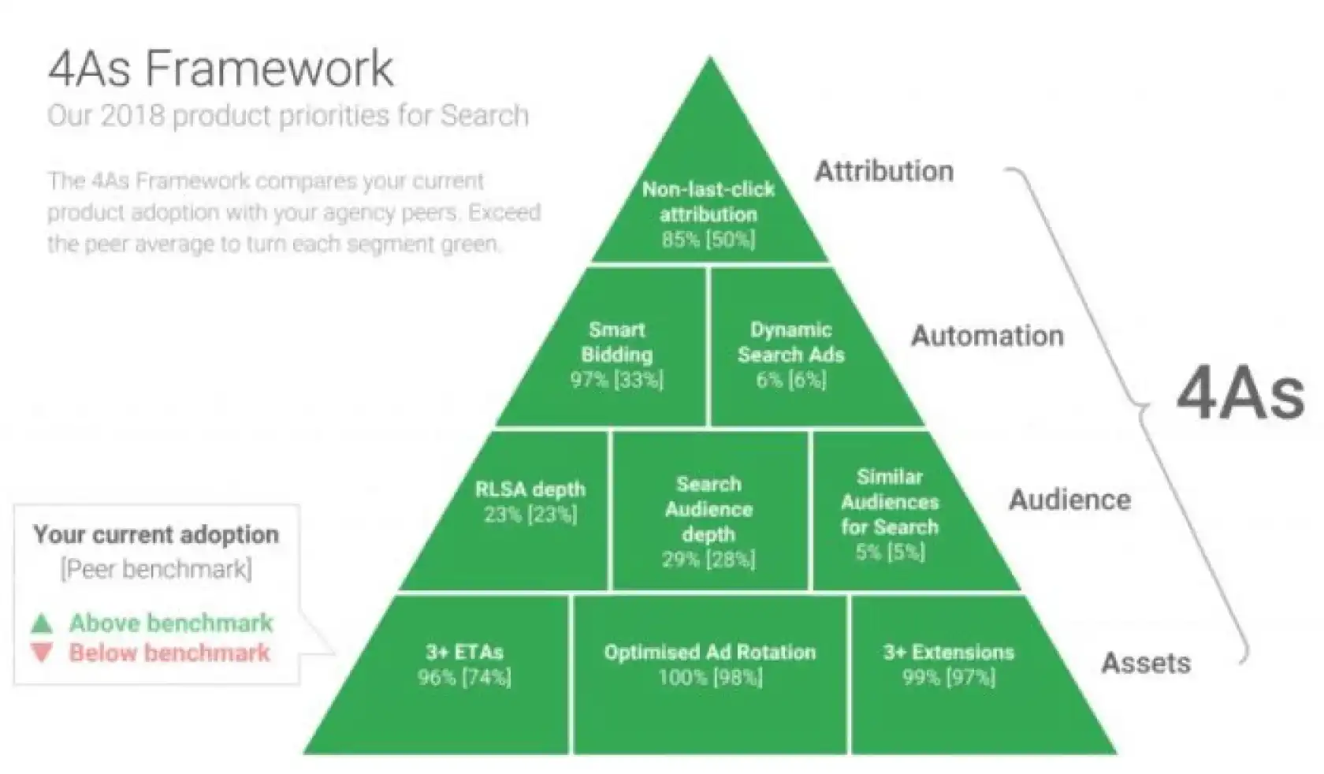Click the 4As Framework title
(x=221, y=69)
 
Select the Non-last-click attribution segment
(x=708, y=213)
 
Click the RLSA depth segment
(x=530, y=501)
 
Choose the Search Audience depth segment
(x=708, y=520)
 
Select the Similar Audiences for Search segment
(x=890, y=514)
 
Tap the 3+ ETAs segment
(x=464, y=664)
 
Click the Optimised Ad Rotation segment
(x=710, y=664)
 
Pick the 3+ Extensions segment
(x=949, y=664)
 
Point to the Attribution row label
(x=883, y=171)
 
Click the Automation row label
(x=987, y=336)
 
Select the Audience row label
(x=1069, y=500)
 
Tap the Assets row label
(x=1145, y=663)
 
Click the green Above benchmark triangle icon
(x=42, y=624)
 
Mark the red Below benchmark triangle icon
(x=42, y=653)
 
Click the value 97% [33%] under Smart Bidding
(x=616, y=380)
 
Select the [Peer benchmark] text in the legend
(x=156, y=569)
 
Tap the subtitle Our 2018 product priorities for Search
(x=288, y=116)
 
